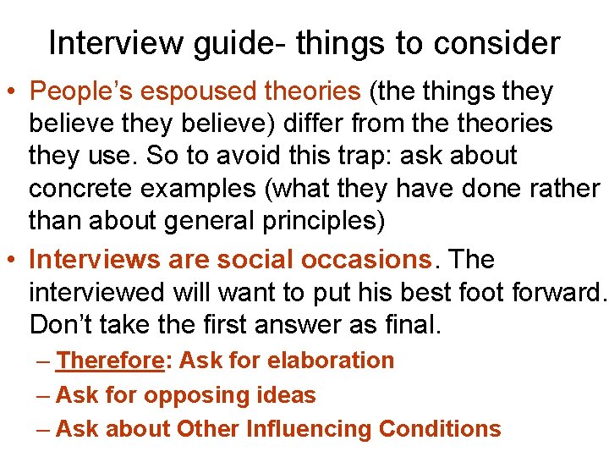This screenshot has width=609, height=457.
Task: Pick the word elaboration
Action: [331, 361]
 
